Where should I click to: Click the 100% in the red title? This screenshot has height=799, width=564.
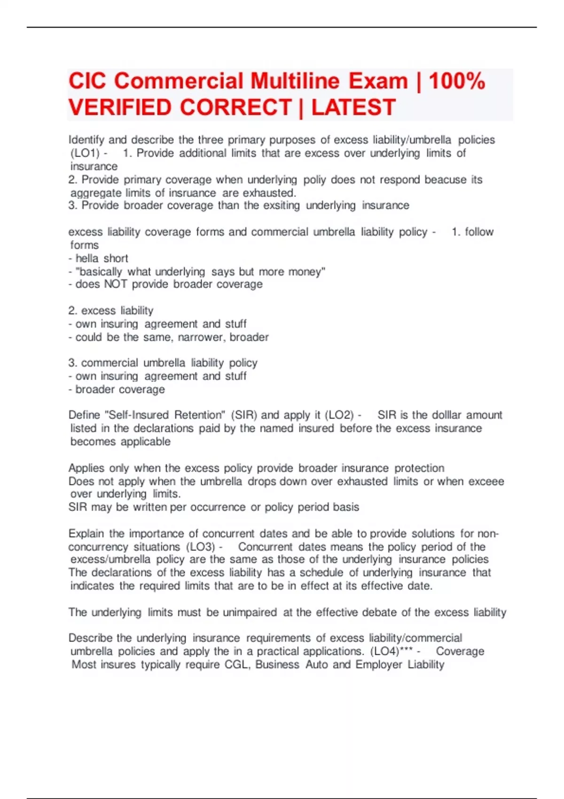pos(457,81)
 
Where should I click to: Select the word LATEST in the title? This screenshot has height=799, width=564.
pos(353,107)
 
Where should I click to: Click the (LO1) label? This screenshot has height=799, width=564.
pos(85,153)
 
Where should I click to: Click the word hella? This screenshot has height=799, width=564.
pos(86,258)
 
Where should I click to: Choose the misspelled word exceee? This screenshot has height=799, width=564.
pos(486,481)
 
